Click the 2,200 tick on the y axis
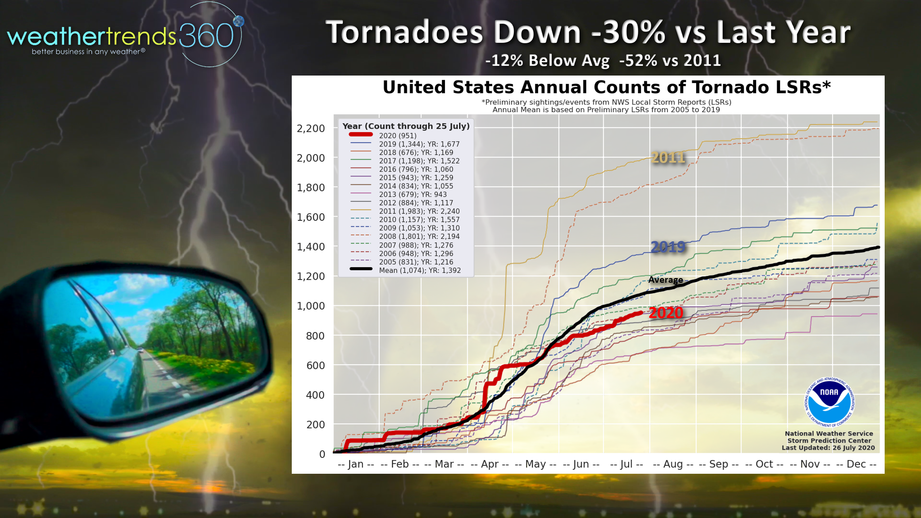pyautogui.click(x=310, y=128)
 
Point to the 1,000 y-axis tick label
pyautogui.click(x=310, y=306)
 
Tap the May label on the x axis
pyautogui.click(x=535, y=464)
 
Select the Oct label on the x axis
pyautogui.click(x=764, y=464)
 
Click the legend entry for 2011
pyautogui.click(x=419, y=211)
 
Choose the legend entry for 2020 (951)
pyautogui.click(x=398, y=136)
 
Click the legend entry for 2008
pyautogui.click(x=419, y=236)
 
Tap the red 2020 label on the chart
pyautogui.click(x=666, y=313)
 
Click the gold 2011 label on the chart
pyautogui.click(x=668, y=158)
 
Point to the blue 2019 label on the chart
pyautogui.click(x=668, y=247)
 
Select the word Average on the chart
pyautogui.click(x=666, y=280)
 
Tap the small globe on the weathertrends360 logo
pyautogui.click(x=239, y=22)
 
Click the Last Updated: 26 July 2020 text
pyautogui.click(x=828, y=448)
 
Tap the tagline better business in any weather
pyautogui.click(x=88, y=52)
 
